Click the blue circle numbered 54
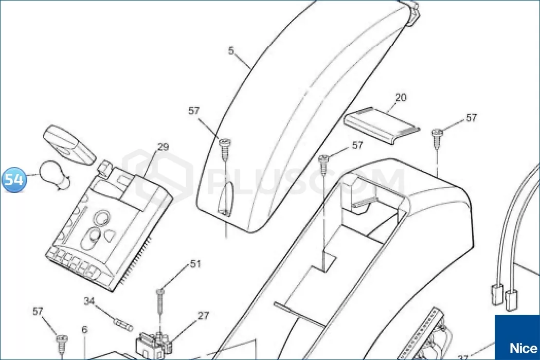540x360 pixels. tap(14, 179)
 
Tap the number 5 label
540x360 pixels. tap(231, 51)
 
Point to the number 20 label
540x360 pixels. tap(401, 98)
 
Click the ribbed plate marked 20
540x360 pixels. tap(382, 125)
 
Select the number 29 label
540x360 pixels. tap(163, 147)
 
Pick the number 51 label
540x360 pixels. tap(195, 264)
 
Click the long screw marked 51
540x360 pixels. tap(160, 301)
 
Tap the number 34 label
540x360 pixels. tap(89, 301)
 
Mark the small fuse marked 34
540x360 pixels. tap(123, 325)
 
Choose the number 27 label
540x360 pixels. tap(203, 316)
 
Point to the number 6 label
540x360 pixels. tap(85, 330)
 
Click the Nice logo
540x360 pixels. tap(517, 337)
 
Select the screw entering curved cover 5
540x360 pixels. tap(225, 149)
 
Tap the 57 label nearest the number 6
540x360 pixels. tap(38, 312)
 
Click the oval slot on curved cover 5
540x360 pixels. tap(224, 200)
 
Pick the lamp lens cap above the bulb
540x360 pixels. tap(70, 145)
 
